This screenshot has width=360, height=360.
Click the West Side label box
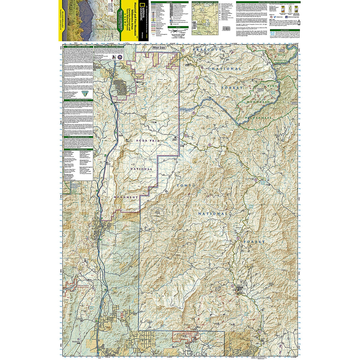click(161, 47)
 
